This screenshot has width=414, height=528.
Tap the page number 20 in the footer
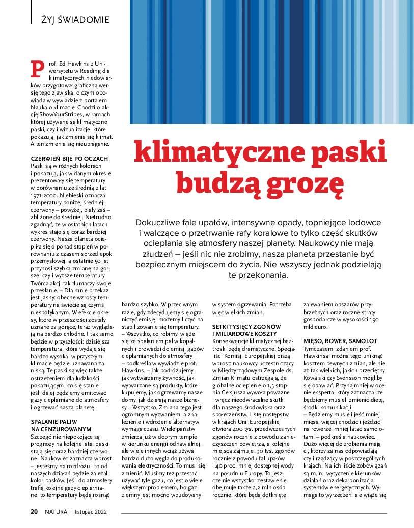click(34, 511)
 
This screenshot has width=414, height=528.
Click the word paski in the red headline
click(346, 152)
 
